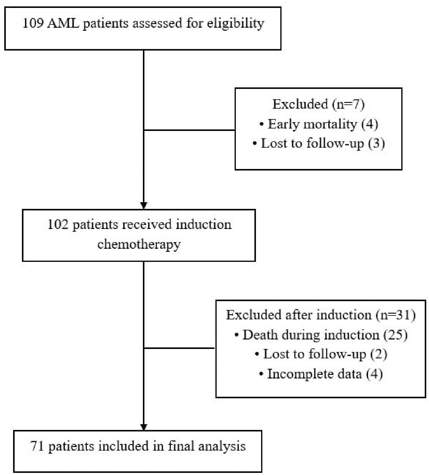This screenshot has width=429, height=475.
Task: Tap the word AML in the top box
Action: pos(63,23)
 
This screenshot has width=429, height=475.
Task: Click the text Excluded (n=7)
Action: pos(318,104)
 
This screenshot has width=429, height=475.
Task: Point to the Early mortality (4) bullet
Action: pos(318,124)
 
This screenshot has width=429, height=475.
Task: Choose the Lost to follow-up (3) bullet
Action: pos(318,143)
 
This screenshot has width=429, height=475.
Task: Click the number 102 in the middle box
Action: pos(58,225)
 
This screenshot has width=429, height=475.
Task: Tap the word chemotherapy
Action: pos(139,245)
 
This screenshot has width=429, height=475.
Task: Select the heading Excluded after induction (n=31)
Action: pos(321,315)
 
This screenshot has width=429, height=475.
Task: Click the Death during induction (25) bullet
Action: pos(321,335)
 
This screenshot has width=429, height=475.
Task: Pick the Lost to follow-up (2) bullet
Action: pos(321,354)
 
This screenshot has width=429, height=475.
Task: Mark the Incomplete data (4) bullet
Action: pos(321,374)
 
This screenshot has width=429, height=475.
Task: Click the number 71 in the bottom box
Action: pos(37,446)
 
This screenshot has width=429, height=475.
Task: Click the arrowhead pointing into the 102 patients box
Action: pos(144,206)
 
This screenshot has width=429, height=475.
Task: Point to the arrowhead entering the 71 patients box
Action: pos(144,427)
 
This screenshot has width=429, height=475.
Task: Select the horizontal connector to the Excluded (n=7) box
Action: pos(189,130)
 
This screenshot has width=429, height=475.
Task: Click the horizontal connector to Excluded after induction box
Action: pos(179,348)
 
